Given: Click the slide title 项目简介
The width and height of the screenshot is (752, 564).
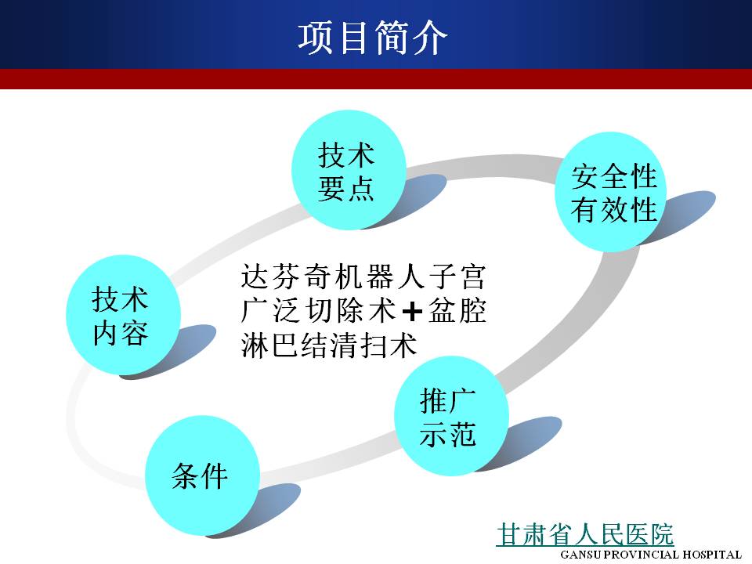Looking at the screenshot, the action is coord(373,38).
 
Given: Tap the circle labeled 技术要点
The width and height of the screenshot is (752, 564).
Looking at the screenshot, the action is coord(349,169).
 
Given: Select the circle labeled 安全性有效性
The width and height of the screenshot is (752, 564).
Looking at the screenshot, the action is coord(612,192).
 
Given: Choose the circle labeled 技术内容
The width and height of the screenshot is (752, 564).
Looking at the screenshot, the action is coord(123,315).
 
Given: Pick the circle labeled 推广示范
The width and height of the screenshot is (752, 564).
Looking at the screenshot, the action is coord(451,416).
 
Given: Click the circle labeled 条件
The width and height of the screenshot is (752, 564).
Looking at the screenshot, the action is coord(202,475).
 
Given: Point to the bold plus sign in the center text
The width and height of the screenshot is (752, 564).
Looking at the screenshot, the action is coord(412,313).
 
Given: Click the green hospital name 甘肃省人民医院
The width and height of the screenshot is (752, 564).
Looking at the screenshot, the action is coord(585,534).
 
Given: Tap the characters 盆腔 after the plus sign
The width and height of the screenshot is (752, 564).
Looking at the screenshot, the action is coord(457,311).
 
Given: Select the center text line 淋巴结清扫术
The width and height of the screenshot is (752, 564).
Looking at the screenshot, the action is coord(329,345).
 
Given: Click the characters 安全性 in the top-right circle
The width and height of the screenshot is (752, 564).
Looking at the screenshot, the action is coord(614,176).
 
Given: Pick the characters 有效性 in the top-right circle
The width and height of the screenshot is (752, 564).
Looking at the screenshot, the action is coord(614,210).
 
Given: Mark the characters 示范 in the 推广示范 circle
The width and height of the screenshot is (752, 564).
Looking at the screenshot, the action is coord(447,435).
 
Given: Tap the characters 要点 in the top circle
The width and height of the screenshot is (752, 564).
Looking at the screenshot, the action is coord(345,188).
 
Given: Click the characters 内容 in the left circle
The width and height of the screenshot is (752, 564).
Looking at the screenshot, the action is coord(120,334).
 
